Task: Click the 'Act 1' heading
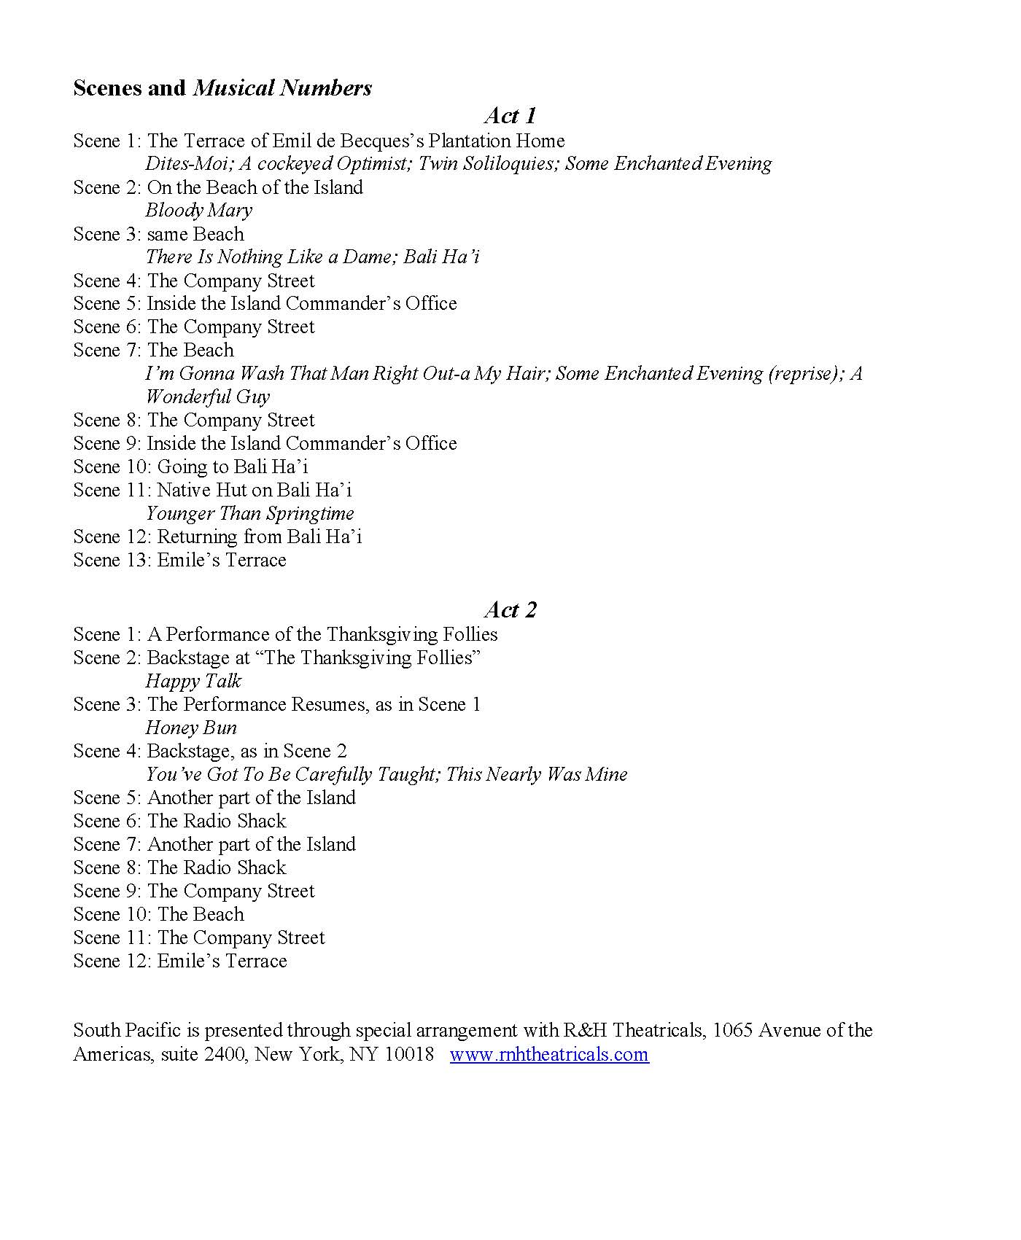510,115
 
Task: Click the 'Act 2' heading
510,609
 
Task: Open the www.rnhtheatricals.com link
549,1054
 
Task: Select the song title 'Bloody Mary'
198,211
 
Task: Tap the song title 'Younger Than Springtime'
250,513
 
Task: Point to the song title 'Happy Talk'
193,681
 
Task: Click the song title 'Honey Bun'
191,728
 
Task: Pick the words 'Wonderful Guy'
208,397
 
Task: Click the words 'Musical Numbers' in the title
282,88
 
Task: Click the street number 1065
732,1030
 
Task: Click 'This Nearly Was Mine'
537,774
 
